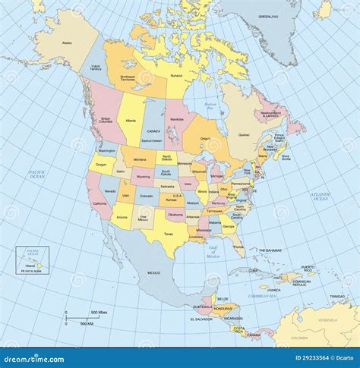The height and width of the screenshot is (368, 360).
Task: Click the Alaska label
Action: (x=67, y=43)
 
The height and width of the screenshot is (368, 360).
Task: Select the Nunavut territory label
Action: (x=176, y=77)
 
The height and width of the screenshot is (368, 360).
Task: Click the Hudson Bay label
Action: (x=210, y=105)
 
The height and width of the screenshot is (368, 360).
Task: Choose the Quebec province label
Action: (x=244, y=135)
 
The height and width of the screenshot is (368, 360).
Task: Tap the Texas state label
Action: (x=168, y=234)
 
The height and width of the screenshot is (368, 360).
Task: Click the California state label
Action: (x=99, y=204)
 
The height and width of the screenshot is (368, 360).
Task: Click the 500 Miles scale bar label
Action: (x=99, y=312)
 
